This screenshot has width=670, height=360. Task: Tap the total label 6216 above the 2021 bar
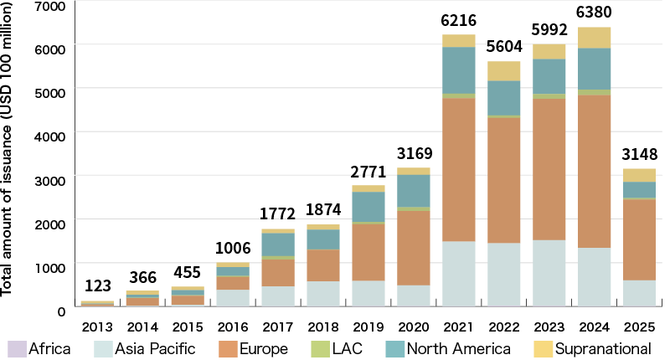pyautogui.click(x=458, y=19)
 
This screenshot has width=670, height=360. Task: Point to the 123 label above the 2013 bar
pyautogui.click(x=97, y=285)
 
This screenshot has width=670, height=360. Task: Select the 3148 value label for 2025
pyautogui.click(x=639, y=154)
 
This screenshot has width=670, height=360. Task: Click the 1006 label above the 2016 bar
pyautogui.click(x=233, y=248)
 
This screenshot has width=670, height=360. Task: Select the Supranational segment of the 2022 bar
pyautogui.click(x=503, y=70)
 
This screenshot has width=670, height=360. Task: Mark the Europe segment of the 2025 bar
pyautogui.click(x=639, y=239)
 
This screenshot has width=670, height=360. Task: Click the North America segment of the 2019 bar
pyautogui.click(x=368, y=206)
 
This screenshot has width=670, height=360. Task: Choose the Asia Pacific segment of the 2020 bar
pyautogui.click(x=413, y=296)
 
